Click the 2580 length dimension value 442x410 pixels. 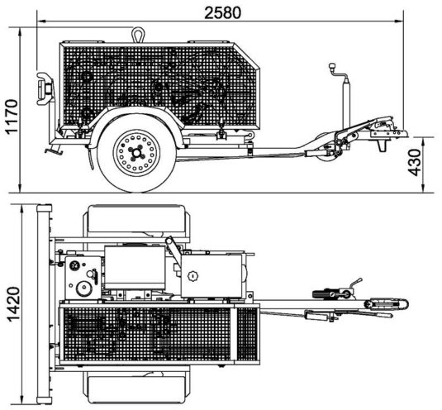[x=222, y=13]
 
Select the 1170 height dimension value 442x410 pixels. [x=12, y=116]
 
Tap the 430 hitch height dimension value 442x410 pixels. [x=415, y=163]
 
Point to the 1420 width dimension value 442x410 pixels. [x=13, y=304]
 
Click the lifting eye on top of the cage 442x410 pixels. [x=138, y=35]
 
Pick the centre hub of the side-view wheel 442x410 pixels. [x=136, y=153]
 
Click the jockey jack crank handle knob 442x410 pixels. [x=331, y=65]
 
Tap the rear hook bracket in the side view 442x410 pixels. [x=45, y=88]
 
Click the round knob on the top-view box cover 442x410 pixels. [x=192, y=275]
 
